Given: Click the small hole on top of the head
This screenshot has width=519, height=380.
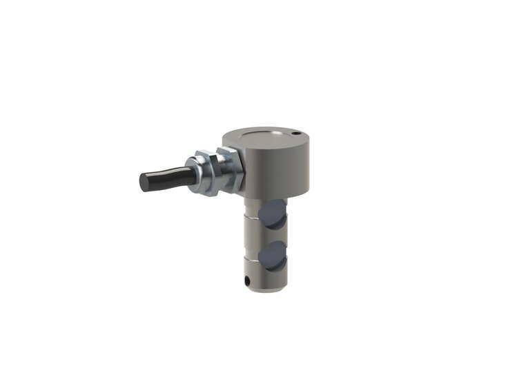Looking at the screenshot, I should point(293,133).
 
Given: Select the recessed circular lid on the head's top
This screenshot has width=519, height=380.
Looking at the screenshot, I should point(265,137).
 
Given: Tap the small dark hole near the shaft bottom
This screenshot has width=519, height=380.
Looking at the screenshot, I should point(248,281).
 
